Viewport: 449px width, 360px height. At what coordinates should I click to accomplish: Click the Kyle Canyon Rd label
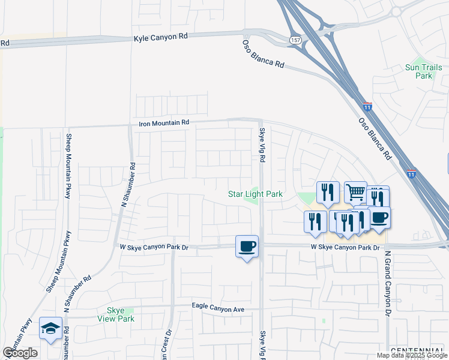click(160, 37)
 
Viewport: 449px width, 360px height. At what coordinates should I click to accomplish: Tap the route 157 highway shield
click(296, 40)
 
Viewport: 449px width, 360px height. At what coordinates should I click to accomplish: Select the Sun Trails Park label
click(419, 71)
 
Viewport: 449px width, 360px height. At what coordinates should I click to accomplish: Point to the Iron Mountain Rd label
click(164, 122)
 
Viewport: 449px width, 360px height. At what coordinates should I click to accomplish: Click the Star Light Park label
click(255, 194)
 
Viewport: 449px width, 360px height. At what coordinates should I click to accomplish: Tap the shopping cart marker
click(355, 193)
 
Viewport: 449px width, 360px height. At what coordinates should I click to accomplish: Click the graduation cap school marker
click(51, 328)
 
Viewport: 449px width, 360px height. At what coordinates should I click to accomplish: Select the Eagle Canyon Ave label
click(218, 307)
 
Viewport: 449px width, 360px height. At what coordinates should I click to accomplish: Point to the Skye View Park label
click(116, 314)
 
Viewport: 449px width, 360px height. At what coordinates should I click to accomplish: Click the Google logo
click(20, 353)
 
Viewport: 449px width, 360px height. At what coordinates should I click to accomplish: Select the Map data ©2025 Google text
click(412, 355)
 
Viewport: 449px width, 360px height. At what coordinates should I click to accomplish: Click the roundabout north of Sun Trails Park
click(396, 11)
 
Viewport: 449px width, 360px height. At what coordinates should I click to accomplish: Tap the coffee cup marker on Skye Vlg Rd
click(247, 246)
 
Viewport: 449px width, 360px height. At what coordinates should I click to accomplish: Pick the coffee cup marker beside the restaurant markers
click(379, 217)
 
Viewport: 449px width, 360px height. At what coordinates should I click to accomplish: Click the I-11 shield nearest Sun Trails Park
click(367, 107)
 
